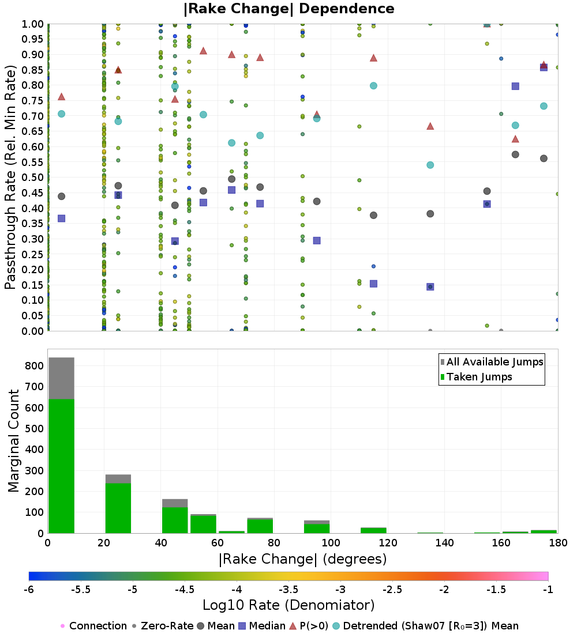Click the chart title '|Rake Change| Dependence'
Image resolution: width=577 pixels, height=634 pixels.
click(288, 9)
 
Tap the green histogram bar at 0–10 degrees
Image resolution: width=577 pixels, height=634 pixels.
click(62, 466)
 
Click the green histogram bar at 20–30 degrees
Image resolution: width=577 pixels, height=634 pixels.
click(118, 508)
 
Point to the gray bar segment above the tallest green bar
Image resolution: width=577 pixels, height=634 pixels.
click(62, 378)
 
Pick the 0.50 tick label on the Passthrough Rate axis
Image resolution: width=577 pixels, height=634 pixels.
click(32, 178)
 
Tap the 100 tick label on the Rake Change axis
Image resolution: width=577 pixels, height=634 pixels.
click(331, 542)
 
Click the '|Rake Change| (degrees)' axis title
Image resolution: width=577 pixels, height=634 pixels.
click(303, 559)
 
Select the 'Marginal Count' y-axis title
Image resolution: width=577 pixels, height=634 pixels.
click(13, 441)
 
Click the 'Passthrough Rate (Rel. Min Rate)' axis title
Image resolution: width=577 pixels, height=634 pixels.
click(10, 177)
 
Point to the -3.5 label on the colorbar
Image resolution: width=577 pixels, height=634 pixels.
click(288, 590)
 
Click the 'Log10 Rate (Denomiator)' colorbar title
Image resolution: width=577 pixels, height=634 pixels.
click(288, 605)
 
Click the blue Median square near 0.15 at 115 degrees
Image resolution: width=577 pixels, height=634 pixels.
click(374, 284)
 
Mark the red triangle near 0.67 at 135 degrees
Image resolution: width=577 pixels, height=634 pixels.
click(430, 126)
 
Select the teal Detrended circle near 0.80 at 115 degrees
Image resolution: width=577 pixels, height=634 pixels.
click(374, 86)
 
